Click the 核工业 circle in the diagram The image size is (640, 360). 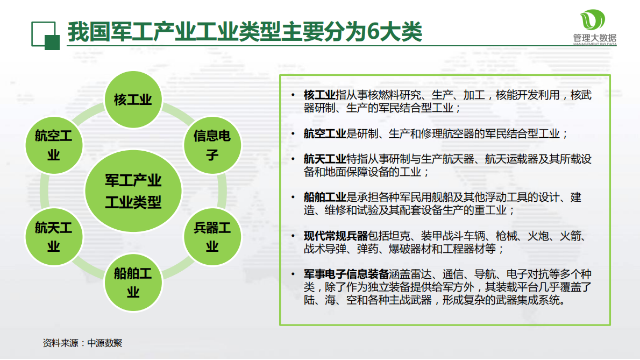point(132,100)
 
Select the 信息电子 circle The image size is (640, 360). point(212,145)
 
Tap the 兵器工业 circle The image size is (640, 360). point(212,237)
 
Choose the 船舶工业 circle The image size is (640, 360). point(132,283)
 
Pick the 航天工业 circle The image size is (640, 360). point(53,237)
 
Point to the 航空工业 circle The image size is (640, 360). point(53,145)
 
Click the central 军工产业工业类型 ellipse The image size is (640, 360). point(133,191)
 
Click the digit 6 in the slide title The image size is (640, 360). point(374,33)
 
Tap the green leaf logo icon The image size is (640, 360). point(594,20)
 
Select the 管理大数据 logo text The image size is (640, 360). point(594,38)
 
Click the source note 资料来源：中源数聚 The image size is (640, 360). point(83,343)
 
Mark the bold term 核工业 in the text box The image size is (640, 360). point(319,95)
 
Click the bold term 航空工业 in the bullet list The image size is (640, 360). point(325,133)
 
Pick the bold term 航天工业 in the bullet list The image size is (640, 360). point(325,159)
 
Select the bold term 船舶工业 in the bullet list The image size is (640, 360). point(325,197)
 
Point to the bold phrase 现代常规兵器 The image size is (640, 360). point(336,236)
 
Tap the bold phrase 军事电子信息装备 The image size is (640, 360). point(346,274)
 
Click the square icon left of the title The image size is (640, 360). point(45,36)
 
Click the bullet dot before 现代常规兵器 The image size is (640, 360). point(293,236)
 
